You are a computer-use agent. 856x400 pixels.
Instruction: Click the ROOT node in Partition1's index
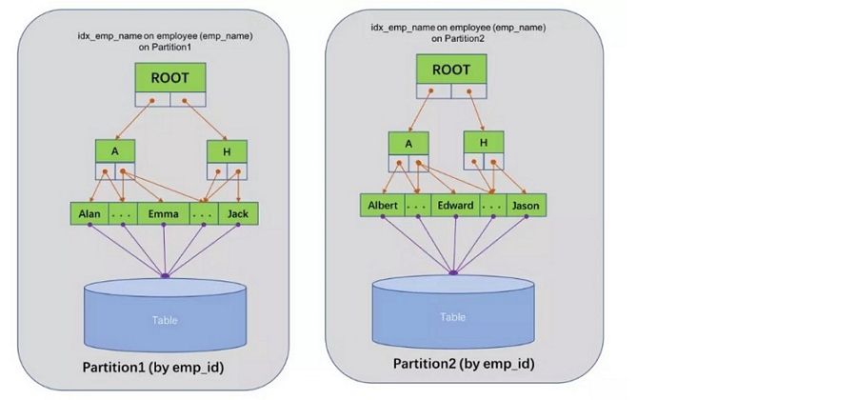(x=170, y=78)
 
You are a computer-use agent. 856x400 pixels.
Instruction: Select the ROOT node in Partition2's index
(x=451, y=69)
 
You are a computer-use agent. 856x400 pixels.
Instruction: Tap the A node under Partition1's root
(x=115, y=151)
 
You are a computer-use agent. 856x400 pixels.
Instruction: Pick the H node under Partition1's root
(x=228, y=151)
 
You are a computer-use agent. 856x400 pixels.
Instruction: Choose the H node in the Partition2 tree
(x=484, y=142)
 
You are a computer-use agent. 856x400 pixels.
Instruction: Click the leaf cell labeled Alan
(x=90, y=213)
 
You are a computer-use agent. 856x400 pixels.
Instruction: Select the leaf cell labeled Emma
(x=164, y=213)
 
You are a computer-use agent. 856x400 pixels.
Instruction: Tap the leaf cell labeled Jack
(x=238, y=213)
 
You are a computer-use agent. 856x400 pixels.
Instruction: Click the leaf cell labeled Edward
(x=455, y=205)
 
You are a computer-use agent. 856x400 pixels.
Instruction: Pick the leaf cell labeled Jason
(x=527, y=205)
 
